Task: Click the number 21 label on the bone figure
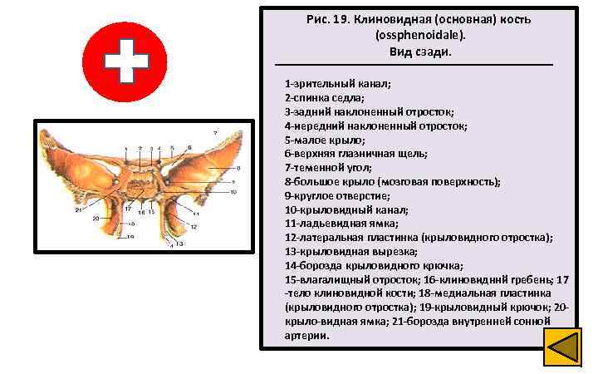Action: (79, 210)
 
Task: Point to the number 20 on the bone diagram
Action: (97, 219)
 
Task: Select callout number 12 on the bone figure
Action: (193, 226)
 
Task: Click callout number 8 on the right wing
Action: (214, 169)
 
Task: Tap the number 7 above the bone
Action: (214, 133)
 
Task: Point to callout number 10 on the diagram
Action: (234, 192)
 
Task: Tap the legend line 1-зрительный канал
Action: (337, 84)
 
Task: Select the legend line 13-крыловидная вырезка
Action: (351, 251)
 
